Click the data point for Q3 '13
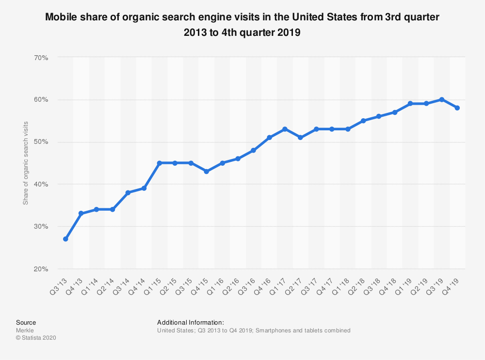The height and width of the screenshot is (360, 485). (x=65, y=239)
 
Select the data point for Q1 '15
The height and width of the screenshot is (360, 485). (x=160, y=163)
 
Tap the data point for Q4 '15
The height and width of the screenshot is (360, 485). (x=207, y=172)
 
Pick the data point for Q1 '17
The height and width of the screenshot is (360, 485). (x=285, y=129)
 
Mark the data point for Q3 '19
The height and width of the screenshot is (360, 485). (x=441, y=100)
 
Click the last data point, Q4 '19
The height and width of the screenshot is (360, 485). (x=457, y=108)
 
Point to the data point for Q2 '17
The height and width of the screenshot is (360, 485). (x=300, y=138)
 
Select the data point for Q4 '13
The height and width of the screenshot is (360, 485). (x=81, y=214)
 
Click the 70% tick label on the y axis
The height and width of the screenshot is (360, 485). (x=41, y=57)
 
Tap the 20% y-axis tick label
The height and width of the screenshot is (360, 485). (x=41, y=268)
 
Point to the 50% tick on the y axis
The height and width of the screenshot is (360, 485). (x=41, y=142)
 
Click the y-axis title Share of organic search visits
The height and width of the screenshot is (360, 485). (x=26, y=163)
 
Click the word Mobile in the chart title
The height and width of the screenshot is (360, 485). (x=61, y=17)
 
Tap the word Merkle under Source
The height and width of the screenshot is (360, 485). (x=25, y=330)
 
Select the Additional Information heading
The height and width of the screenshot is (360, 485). (x=190, y=322)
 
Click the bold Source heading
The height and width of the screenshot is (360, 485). (x=26, y=322)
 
